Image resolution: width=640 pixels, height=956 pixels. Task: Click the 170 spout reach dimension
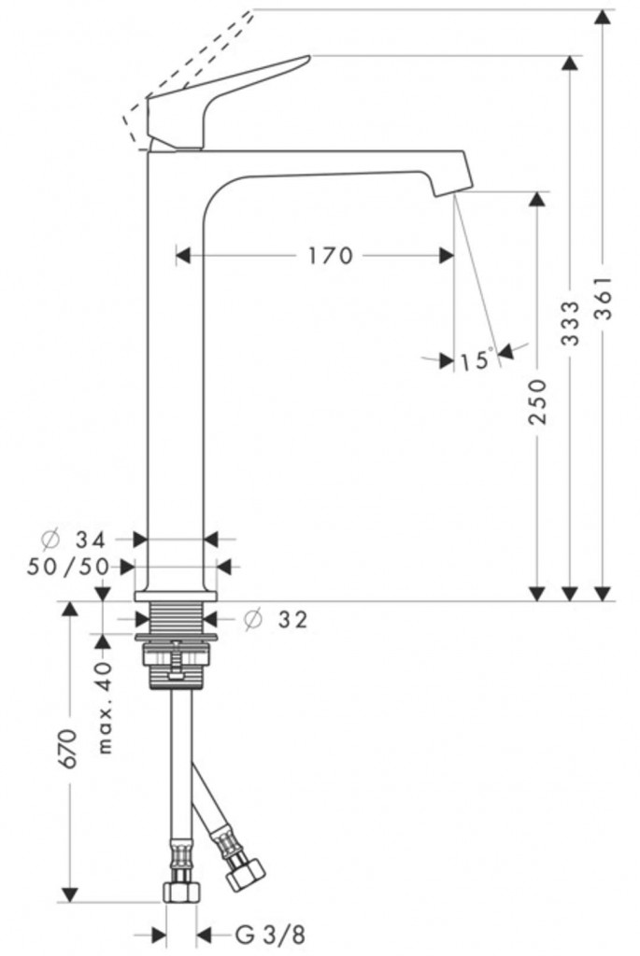coord(330,256)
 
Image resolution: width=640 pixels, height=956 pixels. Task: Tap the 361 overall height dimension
coord(603,300)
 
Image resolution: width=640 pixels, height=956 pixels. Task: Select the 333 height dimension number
coord(570,323)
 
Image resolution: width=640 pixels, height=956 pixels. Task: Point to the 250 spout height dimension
coord(537,401)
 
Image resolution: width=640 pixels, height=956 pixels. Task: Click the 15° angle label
coord(476,359)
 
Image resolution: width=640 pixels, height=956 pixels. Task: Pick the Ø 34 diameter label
coord(74,539)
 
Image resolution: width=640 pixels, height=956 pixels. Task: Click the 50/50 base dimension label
coord(67,567)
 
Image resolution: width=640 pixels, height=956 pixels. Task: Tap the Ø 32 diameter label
coord(276,620)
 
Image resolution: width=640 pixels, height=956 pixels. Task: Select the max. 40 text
coord(105,708)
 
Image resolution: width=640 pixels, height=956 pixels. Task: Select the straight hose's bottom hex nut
coord(181,893)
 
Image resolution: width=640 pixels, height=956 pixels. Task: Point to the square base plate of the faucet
coord(176,597)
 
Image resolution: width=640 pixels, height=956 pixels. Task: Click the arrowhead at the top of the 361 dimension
coord(603,17)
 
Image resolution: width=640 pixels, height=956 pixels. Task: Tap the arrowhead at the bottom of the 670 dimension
coord(69,893)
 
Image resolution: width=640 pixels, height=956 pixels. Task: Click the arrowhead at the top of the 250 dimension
coord(537,200)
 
